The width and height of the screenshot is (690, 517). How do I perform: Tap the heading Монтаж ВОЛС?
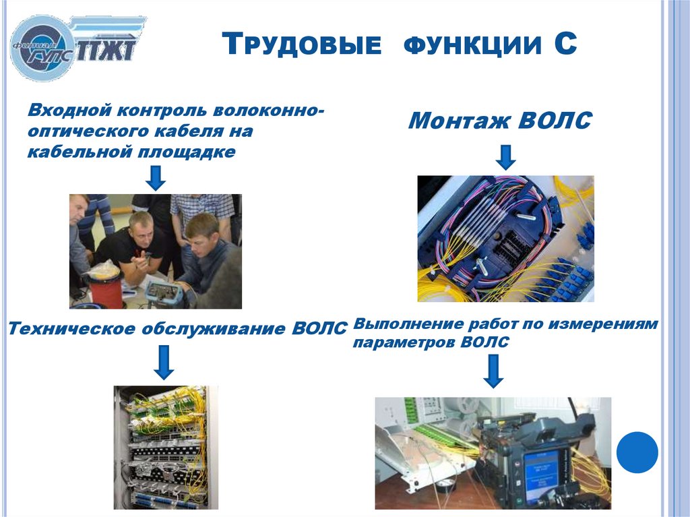coord(500,121)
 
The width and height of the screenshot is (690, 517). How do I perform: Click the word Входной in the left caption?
coord(67,109)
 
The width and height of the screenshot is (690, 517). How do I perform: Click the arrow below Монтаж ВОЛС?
coord(505,157)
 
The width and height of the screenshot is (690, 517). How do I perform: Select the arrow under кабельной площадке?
coord(156,177)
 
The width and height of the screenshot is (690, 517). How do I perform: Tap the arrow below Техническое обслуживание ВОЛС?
coord(163,362)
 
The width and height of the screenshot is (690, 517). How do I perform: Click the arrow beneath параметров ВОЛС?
coord(494,371)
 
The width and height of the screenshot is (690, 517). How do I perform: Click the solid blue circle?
coord(637,452)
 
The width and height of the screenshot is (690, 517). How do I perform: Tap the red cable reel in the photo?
coord(103,286)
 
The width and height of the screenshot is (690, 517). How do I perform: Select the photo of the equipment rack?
coord(166,446)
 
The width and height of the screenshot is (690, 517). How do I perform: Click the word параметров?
coord(404,342)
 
